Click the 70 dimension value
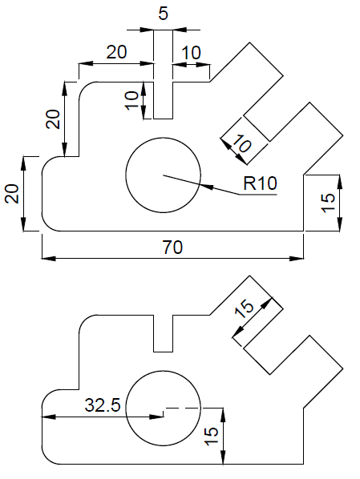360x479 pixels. [x=172, y=248]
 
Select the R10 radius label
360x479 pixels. [x=261, y=183]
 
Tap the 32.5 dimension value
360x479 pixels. [x=103, y=405]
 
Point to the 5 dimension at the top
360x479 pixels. [x=163, y=13]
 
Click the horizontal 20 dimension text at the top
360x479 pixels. [x=116, y=52]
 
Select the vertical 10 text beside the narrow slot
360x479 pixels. [x=133, y=100]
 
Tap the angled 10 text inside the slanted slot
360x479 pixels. [x=241, y=144]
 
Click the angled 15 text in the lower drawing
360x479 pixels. [x=245, y=308]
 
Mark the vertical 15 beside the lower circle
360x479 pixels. [x=212, y=436]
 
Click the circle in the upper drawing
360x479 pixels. [x=163, y=175]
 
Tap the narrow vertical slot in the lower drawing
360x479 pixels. [x=163, y=334]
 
